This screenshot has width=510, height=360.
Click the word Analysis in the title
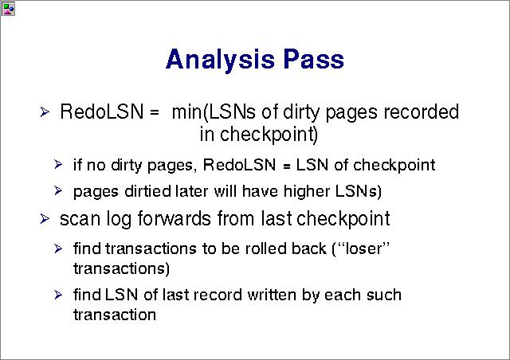click(220, 61)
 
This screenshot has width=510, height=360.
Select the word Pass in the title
click(313, 59)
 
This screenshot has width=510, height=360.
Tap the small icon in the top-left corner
click(8, 9)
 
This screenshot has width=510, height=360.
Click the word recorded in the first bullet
click(422, 112)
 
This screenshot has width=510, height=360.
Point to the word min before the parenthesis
click(186, 112)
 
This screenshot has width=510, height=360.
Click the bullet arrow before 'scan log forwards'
click(45, 218)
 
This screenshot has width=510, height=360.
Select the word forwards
click(174, 218)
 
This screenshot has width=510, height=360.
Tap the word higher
click(307, 191)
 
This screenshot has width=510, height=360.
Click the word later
click(191, 191)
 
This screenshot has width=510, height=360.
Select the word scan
click(80, 219)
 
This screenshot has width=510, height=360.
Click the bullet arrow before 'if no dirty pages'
click(58, 165)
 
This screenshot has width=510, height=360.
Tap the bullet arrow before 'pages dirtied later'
click(58, 190)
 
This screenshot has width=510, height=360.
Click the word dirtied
click(147, 191)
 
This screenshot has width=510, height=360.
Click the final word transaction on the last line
click(115, 315)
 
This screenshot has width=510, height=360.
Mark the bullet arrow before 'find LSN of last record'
click(58, 295)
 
